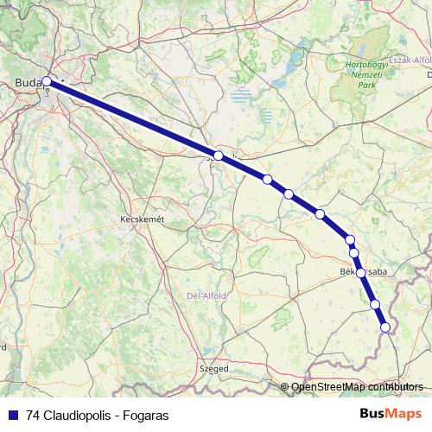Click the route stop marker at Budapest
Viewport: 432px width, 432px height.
(47, 83)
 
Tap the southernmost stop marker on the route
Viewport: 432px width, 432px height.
(385, 327)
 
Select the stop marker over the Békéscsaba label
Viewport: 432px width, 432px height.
(360, 272)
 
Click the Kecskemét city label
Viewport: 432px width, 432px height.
(141, 220)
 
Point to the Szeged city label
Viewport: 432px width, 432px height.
(214, 368)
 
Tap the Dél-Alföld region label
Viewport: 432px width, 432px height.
(206, 295)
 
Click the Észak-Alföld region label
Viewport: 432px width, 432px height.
(411, 60)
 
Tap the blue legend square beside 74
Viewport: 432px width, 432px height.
(13, 415)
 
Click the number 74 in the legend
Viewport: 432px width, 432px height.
(33, 415)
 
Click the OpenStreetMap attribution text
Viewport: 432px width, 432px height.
(327, 386)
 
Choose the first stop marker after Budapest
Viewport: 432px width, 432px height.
(219, 156)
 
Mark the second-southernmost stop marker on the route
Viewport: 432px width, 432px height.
(375, 304)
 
